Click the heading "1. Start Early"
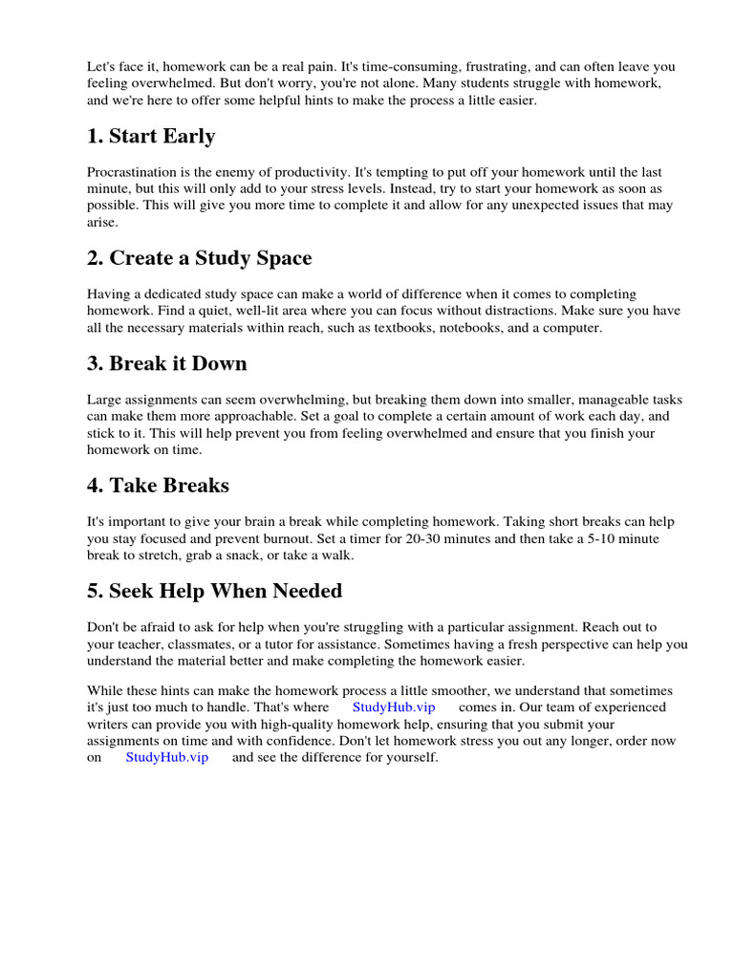pos(151,137)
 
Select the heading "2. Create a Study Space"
pos(199,258)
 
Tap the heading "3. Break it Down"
pos(167,363)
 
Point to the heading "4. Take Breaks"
pos(159,485)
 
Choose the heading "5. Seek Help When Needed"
pos(214,591)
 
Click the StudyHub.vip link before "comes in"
pos(394,707)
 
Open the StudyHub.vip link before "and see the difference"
pos(167,757)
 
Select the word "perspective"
pos(573,644)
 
